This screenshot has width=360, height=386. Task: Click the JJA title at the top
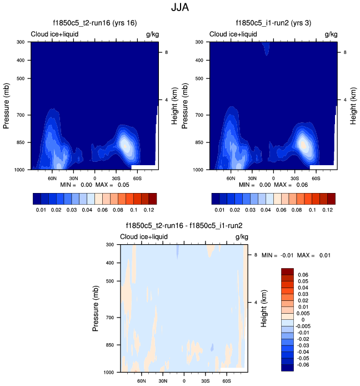(179, 8)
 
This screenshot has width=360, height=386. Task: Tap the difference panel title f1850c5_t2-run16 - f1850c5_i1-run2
(183, 226)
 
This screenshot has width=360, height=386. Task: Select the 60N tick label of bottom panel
(141, 381)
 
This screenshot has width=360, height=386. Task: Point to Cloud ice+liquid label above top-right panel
(233, 34)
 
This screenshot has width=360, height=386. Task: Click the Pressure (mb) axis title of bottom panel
(96, 308)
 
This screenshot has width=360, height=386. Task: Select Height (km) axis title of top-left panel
(174, 105)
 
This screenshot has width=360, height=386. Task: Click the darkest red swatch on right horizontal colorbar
(332, 198)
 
